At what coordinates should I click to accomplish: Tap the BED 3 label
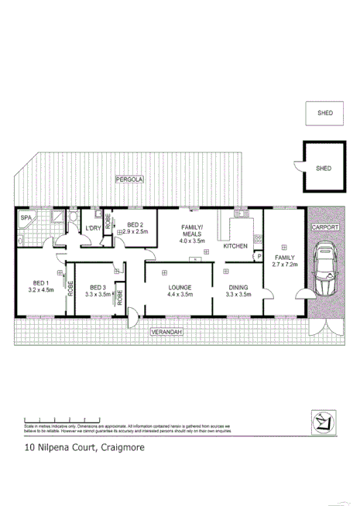(x=96, y=285)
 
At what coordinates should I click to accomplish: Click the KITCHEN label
(x=235, y=245)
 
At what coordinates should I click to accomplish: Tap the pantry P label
(x=259, y=255)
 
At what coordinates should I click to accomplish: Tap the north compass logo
(x=321, y=421)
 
